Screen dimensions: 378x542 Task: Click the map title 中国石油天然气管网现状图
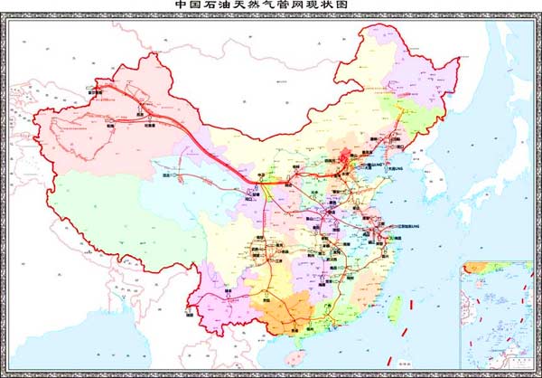271,5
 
